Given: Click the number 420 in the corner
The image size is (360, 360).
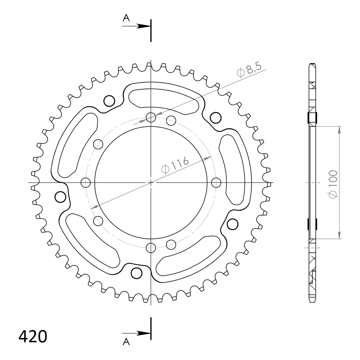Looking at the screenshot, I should pos(33,336).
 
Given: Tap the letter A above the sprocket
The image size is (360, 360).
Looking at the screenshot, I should pos(126,18).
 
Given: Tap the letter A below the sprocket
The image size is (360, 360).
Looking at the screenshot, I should pos(126,341).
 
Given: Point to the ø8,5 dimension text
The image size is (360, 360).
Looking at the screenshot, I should pos(249,70).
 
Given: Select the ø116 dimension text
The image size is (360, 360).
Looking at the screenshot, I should pos(175,165).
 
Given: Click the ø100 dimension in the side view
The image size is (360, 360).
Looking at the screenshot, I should pos(333,184).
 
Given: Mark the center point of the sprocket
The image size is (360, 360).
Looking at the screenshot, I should pos(151,182).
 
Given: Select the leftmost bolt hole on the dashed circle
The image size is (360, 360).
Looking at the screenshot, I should pos(86,182).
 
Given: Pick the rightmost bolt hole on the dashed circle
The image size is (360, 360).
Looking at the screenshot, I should pos(216,182).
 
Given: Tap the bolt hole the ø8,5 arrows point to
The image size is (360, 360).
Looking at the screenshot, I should pos(151,117).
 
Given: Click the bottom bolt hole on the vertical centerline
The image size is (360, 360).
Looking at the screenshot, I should pos(151,247).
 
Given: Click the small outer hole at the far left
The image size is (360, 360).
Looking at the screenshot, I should pos(60,197).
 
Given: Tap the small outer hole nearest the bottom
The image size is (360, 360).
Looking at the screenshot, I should pos(137,273).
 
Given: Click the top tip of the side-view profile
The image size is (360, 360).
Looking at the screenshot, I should pos(312,64).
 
